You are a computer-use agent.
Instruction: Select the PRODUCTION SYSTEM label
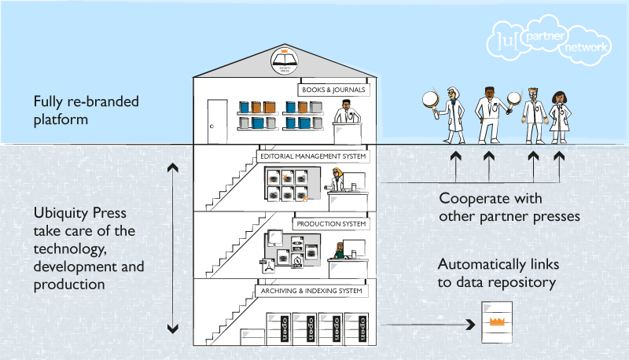(x=332, y=224)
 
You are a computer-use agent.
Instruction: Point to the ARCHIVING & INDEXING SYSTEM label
(x=312, y=291)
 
